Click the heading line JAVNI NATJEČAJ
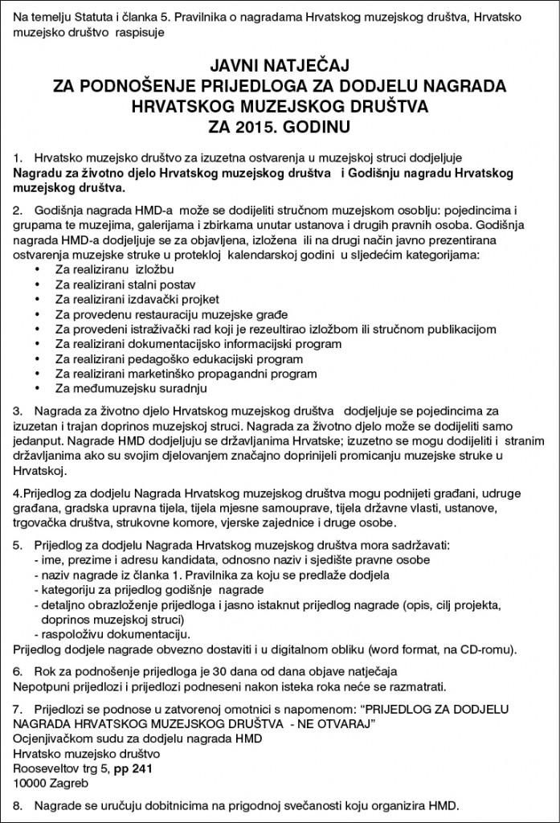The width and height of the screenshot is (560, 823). click(x=281, y=63)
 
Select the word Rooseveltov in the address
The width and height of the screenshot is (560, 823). click(x=44, y=768)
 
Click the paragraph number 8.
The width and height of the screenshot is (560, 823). click(x=18, y=805)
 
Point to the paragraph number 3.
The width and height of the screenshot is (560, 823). click(x=18, y=410)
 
